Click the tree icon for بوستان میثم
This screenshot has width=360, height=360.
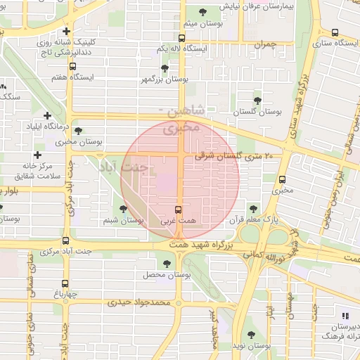click(x=203, y=12)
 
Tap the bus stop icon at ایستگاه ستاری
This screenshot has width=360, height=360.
click(x=335, y=32)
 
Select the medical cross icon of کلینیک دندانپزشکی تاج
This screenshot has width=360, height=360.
click(x=65, y=32)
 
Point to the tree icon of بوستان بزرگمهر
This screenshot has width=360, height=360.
click(x=165, y=68)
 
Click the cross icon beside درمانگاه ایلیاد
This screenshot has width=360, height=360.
click(x=47, y=115)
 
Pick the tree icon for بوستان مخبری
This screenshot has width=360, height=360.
click(x=77, y=130)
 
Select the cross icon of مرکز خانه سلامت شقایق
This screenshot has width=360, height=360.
click(x=37, y=155)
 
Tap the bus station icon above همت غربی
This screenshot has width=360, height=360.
click(x=178, y=210)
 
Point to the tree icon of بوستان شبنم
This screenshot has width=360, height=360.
click(x=124, y=209)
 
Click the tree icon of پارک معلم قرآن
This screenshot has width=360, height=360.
click(x=253, y=207)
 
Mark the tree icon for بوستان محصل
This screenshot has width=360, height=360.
click(x=166, y=263)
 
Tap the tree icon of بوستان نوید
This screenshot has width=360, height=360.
click(x=251, y=335)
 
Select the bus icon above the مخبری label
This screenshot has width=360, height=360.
click(x=282, y=179)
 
